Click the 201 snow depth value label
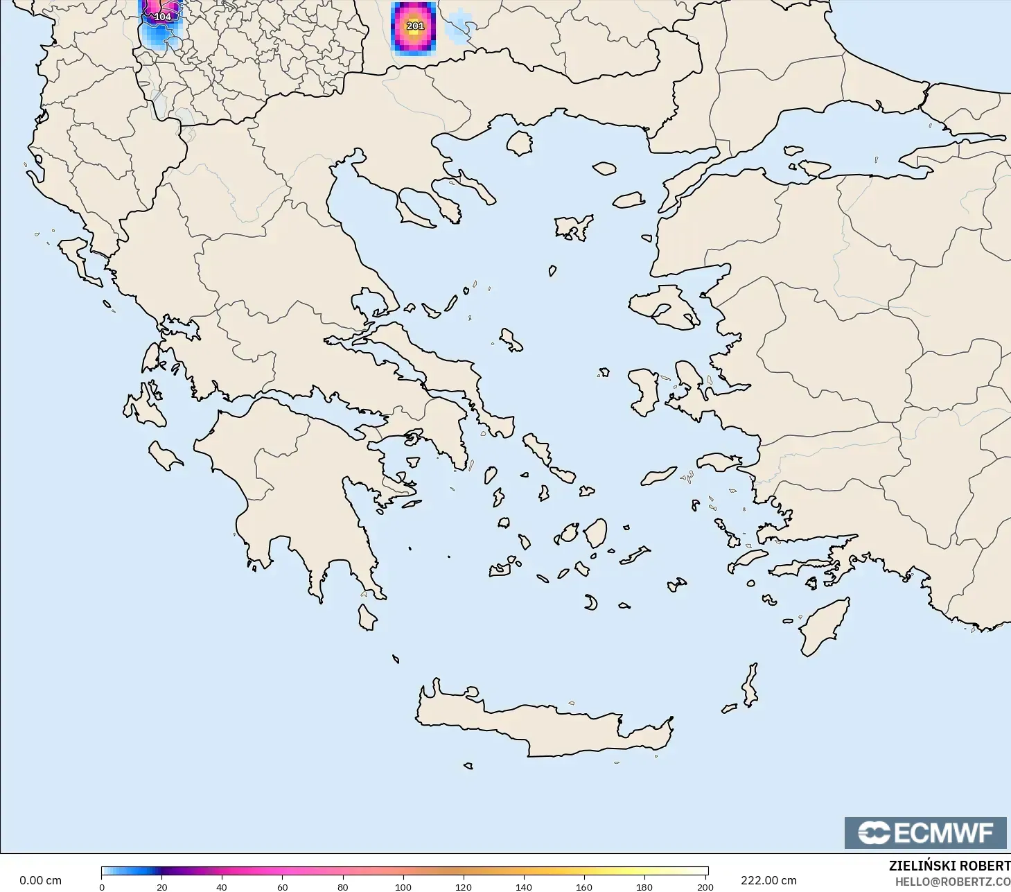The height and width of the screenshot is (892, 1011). tap(415, 26)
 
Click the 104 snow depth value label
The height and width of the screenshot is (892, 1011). tap(162, 17)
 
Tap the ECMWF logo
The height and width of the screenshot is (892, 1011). tap(925, 832)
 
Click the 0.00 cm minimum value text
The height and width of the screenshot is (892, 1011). tap(40, 880)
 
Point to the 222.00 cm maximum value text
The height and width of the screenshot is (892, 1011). tap(768, 880)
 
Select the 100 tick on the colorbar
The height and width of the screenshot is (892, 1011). tap(403, 886)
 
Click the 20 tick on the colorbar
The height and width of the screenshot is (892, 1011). tap(162, 886)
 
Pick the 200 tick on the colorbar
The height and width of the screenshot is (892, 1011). tap(705, 886)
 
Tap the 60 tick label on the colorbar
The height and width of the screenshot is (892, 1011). tap(283, 886)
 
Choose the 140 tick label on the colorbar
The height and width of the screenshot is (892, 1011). tap(524, 886)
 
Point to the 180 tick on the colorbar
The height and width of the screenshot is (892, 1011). tap(644, 886)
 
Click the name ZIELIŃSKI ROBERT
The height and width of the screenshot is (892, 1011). tap(949, 866)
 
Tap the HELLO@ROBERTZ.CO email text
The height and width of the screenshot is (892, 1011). tap(952, 882)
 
